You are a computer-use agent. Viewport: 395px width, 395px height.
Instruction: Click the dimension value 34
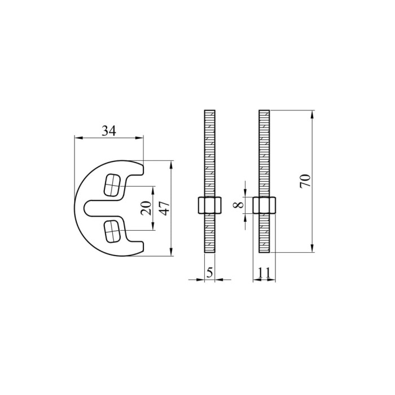[109, 131]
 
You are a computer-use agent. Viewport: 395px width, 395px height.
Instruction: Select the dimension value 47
[165, 208]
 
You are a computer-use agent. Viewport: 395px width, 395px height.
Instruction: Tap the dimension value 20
[146, 208]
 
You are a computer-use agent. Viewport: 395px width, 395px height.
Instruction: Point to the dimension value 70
[305, 181]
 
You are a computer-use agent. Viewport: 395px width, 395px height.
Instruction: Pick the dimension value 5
[209, 273]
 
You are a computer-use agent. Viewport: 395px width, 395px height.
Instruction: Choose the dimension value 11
[264, 273]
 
